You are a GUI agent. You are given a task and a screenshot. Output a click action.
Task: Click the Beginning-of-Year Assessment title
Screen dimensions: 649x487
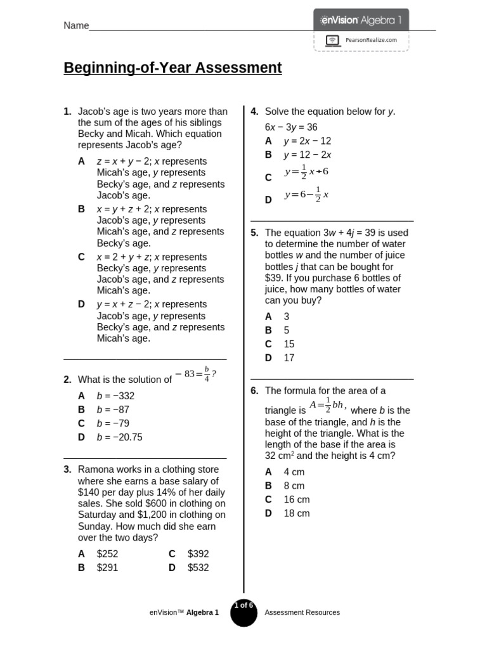point(172,68)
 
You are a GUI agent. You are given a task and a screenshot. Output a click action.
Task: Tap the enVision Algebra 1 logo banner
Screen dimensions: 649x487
point(361,20)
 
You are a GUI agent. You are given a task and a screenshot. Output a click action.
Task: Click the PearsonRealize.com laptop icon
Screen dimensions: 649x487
point(332,40)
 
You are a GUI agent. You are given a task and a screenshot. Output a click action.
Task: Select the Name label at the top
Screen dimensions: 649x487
point(76,25)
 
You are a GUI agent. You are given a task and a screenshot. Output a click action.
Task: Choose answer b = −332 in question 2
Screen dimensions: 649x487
point(115,396)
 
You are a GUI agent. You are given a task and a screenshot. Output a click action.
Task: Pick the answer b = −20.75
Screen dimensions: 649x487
point(119,437)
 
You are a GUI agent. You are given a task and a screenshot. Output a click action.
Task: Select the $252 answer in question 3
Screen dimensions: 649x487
point(107,554)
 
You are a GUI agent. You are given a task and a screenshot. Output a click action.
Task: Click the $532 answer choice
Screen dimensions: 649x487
point(198,568)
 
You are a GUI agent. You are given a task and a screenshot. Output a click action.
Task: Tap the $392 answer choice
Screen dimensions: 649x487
point(198,554)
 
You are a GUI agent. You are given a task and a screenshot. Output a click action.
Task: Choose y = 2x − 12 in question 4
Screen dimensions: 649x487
point(307,141)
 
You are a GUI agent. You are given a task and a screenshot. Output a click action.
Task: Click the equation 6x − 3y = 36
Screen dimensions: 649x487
point(291,127)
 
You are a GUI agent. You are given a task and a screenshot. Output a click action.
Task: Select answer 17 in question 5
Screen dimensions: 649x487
point(289,358)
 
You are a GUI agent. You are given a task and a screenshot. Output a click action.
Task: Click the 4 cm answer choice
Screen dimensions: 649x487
point(294,472)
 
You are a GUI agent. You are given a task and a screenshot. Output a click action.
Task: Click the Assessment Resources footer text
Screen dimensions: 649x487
point(302,613)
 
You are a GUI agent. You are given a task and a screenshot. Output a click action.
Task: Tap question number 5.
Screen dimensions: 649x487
point(254,233)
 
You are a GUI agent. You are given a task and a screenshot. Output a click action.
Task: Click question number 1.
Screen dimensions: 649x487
point(67,112)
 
